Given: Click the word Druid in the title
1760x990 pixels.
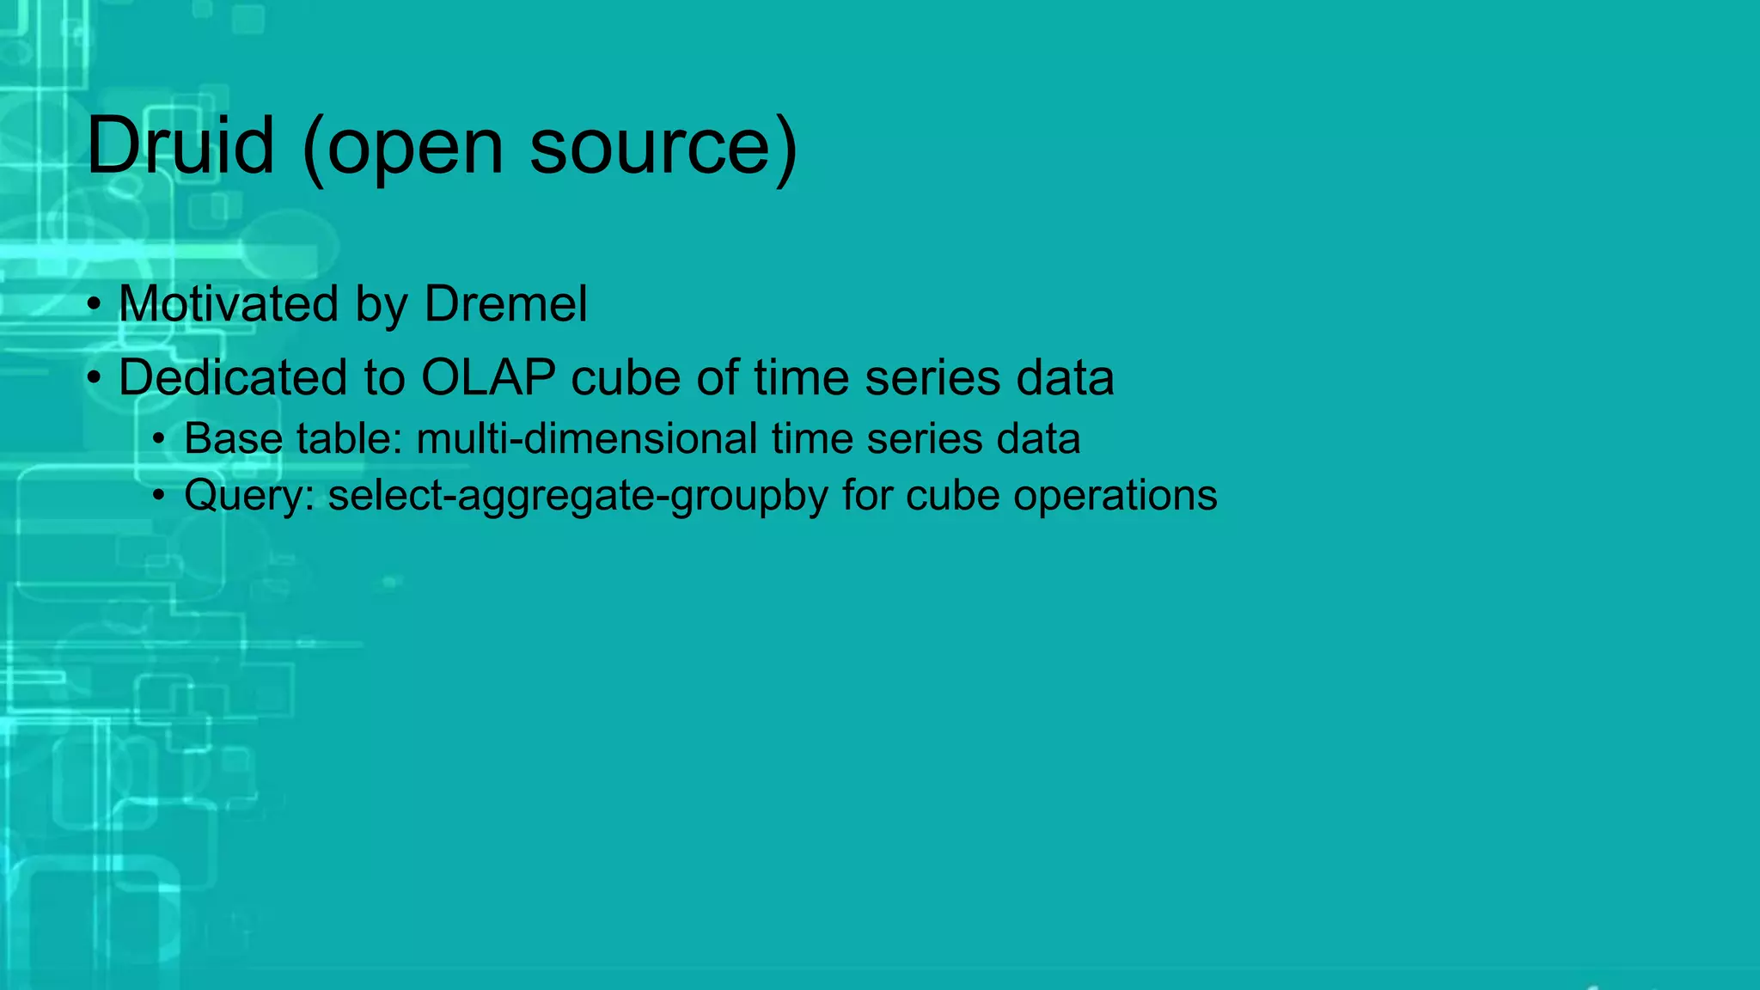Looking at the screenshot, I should pos(180,145).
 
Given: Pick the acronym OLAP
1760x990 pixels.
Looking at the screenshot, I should pos(488,377).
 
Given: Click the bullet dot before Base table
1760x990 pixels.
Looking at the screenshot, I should pos(158,440).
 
